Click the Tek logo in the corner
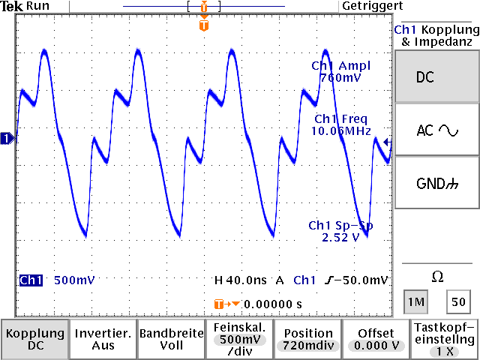coord(11,6)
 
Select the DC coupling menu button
coord(436,77)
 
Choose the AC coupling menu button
coord(436,130)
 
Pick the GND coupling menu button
coord(436,183)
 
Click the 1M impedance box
coord(415,302)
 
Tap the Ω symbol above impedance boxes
coord(436,277)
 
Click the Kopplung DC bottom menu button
coord(34,339)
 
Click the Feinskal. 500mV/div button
coord(238,339)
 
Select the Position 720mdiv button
coord(307,339)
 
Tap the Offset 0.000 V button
coord(375,339)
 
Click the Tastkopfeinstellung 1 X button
coord(445,339)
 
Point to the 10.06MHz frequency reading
coord(341,131)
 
